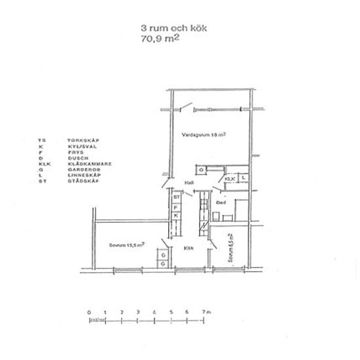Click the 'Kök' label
pos(189,248)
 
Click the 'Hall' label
pos(190,183)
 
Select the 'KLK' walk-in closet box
pos(230,178)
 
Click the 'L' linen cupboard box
pos(243,177)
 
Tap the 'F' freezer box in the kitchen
pos(176,206)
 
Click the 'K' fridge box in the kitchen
pos(176,215)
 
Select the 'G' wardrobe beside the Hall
pos(202,170)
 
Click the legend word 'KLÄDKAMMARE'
pos(86,164)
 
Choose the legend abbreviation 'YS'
pos(42,141)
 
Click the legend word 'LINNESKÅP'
pos(82,176)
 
